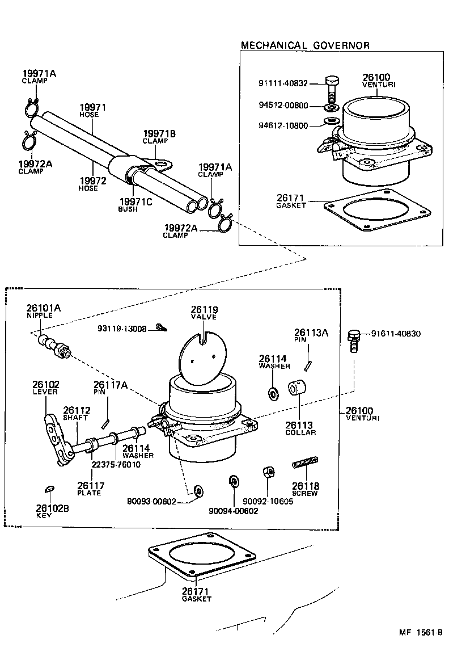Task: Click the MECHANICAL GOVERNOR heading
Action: [305, 45]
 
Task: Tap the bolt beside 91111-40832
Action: [332, 88]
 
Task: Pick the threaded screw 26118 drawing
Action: [305, 463]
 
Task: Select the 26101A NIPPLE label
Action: [43, 311]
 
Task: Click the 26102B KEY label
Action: [52, 511]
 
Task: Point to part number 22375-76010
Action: [116, 465]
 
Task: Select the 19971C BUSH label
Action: [135, 205]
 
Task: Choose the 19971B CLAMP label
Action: [159, 137]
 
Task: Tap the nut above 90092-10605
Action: [269, 472]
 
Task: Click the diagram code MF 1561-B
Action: [421, 632]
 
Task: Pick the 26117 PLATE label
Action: [90, 489]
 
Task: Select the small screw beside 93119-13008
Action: [161, 327]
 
